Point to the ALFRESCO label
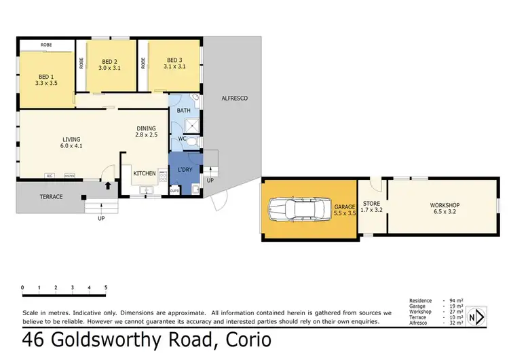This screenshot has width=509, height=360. click(235, 98)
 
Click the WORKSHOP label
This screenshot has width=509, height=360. click(445, 205)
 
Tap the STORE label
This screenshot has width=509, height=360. click(372, 203)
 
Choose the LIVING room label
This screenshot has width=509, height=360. click(71, 140)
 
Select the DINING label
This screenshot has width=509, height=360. click(146, 128)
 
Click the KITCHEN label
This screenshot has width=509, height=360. click(145, 173)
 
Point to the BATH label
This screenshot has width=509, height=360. click(183, 110)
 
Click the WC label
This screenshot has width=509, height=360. click(182, 139)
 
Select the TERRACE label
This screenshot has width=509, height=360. click(51, 196)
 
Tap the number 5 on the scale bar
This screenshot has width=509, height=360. click(105, 287)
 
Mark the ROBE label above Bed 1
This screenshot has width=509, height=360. click(46, 44)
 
